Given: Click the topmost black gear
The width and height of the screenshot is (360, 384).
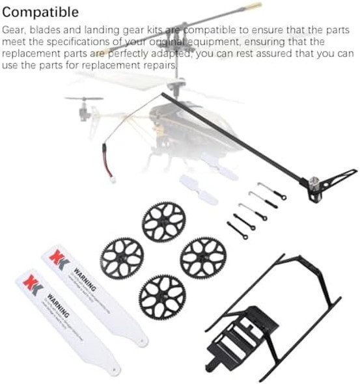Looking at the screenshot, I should point(163,221).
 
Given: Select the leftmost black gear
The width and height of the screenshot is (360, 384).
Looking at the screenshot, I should point(122,256).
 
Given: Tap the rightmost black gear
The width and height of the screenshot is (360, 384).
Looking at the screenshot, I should point(202,256).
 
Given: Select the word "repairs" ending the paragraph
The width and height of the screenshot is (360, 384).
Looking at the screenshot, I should point(160,66).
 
